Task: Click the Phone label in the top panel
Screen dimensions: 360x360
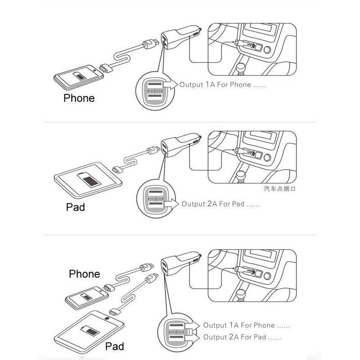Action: [x=79, y=98]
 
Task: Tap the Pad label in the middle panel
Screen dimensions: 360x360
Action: [x=75, y=207]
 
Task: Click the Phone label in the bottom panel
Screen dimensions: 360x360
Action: [x=85, y=274]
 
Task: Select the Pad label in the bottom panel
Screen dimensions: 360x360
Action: [x=114, y=346]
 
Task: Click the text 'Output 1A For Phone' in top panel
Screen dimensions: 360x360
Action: [x=215, y=85]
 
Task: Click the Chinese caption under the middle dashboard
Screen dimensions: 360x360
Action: [x=279, y=189]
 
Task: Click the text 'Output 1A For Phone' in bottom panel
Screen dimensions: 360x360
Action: [x=245, y=325]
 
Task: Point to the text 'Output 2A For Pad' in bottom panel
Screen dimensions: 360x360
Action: [x=242, y=337]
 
